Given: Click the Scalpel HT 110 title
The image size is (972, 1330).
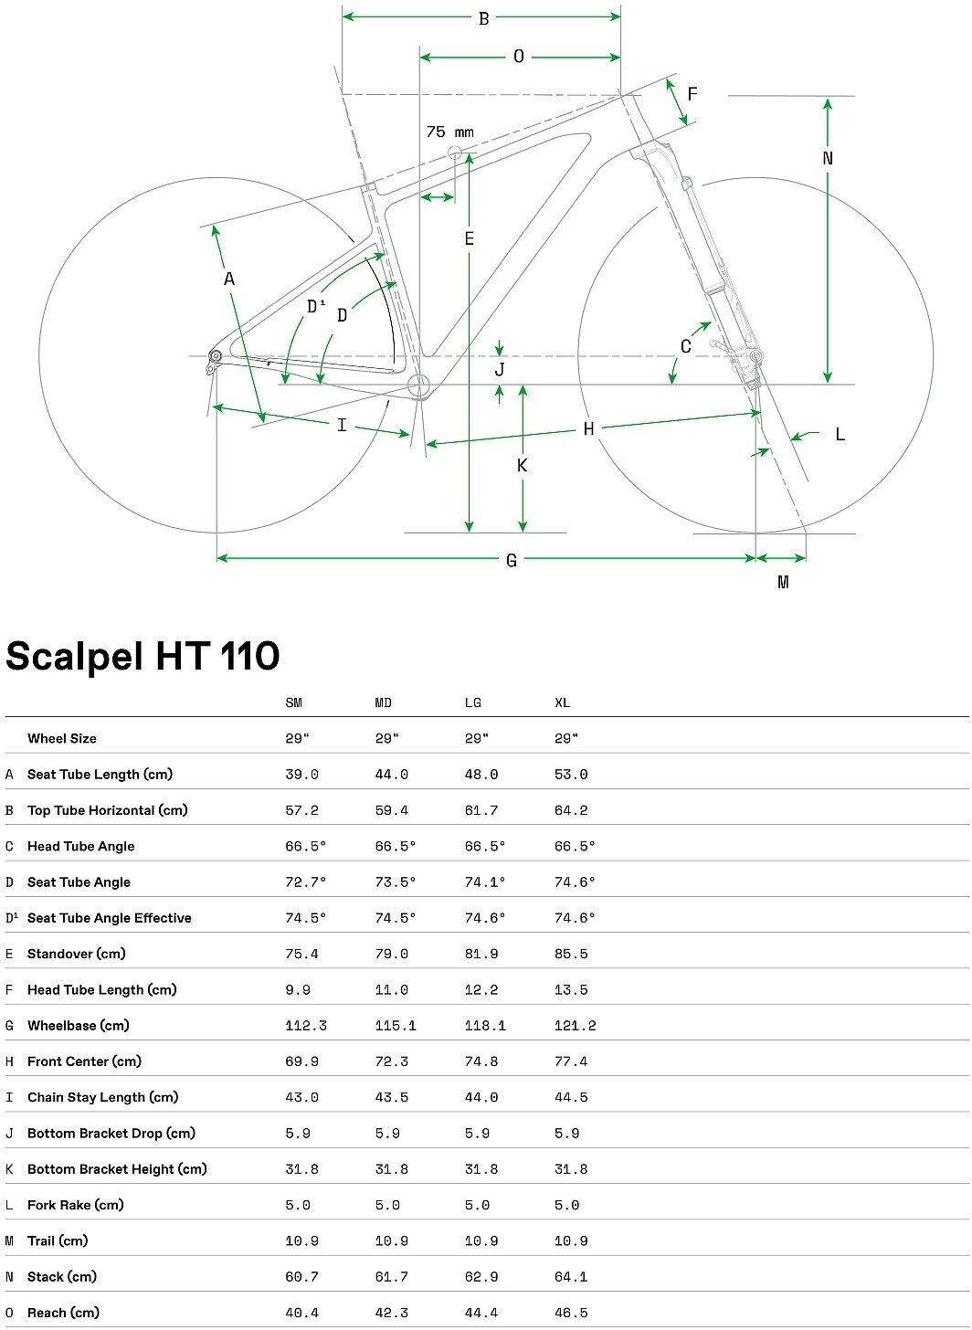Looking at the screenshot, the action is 143,656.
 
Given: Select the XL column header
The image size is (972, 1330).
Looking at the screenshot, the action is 562,702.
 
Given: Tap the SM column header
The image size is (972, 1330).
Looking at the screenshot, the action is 293,702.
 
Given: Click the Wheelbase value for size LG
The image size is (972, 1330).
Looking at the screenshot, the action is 485,1026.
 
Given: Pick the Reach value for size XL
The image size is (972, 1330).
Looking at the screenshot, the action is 571,1313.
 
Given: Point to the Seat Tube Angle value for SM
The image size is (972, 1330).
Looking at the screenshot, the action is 305,882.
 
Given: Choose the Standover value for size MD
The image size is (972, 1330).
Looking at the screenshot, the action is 391,954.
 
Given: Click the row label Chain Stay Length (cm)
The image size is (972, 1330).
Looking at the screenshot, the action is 102,1097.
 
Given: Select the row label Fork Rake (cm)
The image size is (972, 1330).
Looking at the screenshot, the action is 75,1205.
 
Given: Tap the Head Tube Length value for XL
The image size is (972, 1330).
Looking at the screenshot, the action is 571,990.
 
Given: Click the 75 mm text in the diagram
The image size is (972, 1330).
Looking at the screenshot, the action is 450,132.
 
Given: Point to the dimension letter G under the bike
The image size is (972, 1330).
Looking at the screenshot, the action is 512,560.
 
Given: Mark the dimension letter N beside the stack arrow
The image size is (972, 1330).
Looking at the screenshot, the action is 828,158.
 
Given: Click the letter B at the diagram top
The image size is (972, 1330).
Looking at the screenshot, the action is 484,18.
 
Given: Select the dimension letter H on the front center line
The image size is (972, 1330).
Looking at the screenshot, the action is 589,428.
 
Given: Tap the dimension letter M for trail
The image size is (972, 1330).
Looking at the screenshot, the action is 783,582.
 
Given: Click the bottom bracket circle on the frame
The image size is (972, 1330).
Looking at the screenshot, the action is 419,385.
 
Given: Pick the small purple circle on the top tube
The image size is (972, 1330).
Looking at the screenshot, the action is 454,152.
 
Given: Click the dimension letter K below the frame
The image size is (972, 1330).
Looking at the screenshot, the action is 523,466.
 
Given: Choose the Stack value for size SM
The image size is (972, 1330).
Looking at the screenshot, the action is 301,1277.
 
